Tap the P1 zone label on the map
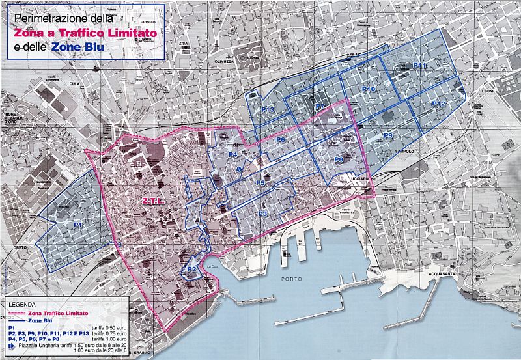78,224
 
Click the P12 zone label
438,104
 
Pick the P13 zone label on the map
267,111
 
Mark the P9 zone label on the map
387,135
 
